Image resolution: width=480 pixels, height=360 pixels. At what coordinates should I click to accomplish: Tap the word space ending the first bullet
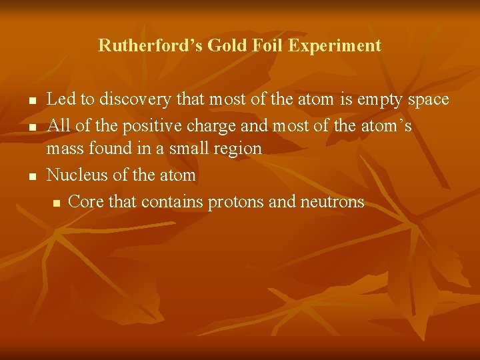(423, 100)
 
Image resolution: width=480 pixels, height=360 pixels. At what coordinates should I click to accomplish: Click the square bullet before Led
(31, 101)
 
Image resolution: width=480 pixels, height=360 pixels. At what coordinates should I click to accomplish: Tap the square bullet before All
(31, 125)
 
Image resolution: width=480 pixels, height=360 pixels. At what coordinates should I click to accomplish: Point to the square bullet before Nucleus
(31, 177)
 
